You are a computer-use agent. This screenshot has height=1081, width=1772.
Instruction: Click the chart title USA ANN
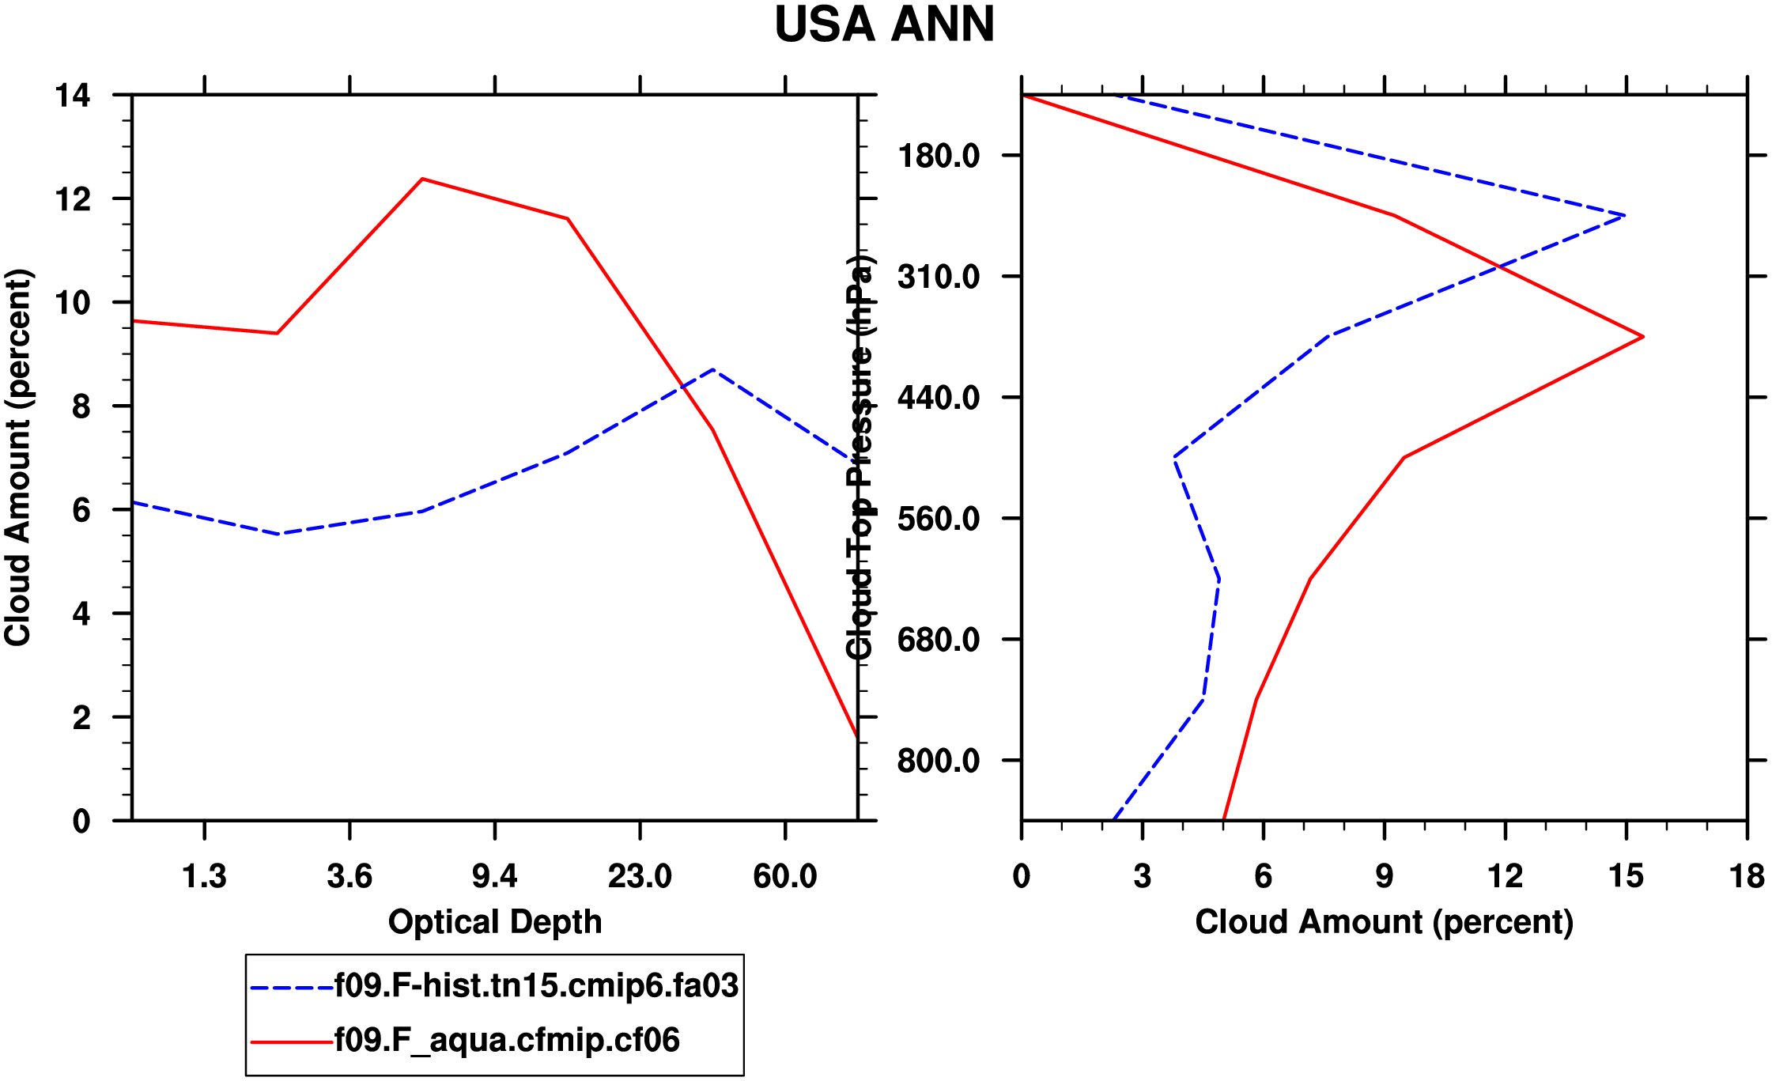coord(884,25)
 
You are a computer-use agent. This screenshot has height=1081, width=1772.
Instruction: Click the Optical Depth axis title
coord(495,922)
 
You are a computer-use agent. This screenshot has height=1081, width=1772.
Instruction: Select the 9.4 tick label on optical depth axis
coord(494,876)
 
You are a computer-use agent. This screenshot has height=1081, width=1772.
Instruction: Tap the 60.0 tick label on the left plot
coord(784,876)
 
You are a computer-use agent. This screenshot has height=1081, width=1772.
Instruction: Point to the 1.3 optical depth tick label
coord(204,876)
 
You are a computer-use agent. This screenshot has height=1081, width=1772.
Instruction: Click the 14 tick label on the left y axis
coord(73,96)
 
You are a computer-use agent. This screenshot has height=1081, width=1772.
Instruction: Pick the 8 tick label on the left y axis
coord(81,406)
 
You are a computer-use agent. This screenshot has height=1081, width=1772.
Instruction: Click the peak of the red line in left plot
coord(422,179)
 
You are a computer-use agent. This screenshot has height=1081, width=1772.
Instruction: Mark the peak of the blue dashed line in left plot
coord(712,369)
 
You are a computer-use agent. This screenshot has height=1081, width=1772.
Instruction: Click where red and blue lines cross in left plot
coord(682,386)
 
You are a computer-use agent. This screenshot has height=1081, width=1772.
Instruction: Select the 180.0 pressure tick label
coord(939,156)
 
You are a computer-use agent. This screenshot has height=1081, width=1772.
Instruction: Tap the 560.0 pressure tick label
coord(939,519)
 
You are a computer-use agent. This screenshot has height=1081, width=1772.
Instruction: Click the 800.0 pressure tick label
coord(939,761)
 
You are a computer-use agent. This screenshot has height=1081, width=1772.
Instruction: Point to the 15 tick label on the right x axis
coord(1626,876)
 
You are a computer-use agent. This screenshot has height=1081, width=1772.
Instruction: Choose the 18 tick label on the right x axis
coord(1747,876)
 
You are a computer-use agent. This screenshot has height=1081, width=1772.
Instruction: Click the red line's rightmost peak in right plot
coord(1643,337)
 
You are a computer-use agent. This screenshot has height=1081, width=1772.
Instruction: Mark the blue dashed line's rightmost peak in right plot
coord(1624,215)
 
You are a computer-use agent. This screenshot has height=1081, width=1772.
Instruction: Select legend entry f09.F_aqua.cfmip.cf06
coord(507,1040)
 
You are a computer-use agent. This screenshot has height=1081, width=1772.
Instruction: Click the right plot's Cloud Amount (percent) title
coord(1384,922)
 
